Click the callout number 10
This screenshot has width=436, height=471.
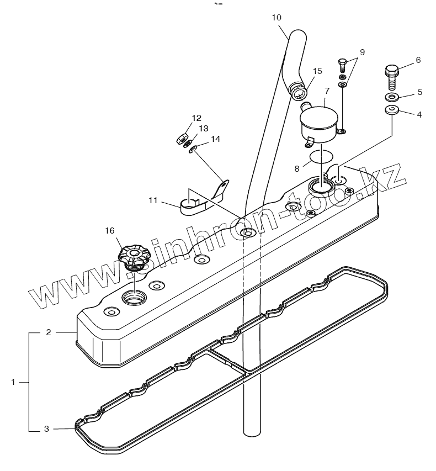(277, 18)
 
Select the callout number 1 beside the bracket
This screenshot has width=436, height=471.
(13, 382)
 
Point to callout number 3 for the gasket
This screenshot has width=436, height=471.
(47, 428)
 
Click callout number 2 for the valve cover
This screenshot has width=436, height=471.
(49, 332)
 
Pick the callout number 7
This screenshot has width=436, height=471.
(327, 90)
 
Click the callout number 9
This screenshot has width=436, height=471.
(362, 52)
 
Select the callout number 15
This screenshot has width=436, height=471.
(317, 71)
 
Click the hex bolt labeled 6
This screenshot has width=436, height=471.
(391, 76)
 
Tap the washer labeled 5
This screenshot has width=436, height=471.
(391, 97)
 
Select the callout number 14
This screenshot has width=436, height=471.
(215, 139)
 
